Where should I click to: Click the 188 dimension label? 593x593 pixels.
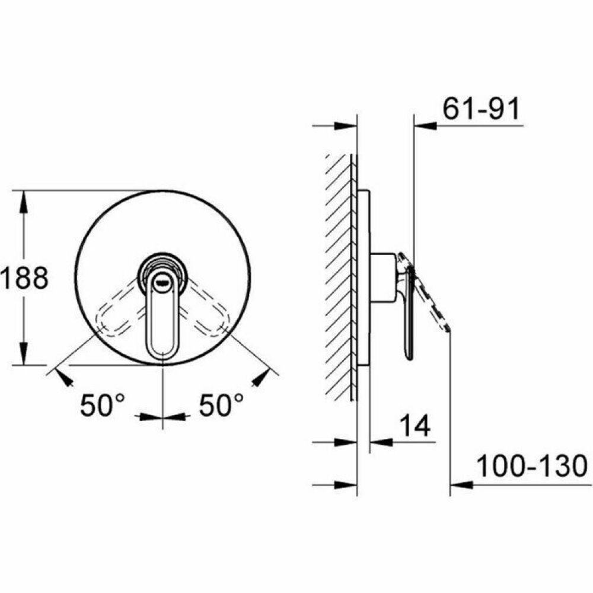24,278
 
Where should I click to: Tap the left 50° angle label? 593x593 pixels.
102,405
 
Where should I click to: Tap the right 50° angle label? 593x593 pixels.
221,405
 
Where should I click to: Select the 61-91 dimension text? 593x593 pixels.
481,109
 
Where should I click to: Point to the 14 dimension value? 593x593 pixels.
415,425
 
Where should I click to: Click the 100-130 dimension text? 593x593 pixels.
532,466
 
